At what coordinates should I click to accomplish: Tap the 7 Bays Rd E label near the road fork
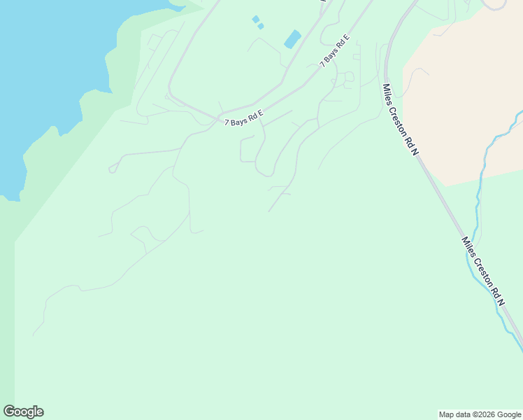[243, 118]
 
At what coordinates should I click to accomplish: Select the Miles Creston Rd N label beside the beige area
[400, 120]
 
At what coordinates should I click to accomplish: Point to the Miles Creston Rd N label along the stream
[482, 270]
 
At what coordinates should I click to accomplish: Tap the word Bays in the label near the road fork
[240, 120]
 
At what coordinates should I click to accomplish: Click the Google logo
[23, 412]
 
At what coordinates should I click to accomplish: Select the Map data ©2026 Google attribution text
[480, 414]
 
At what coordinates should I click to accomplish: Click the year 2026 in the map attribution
[485, 414]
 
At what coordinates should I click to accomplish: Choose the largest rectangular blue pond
[292, 39]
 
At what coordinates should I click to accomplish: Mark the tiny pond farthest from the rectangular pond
[255, 19]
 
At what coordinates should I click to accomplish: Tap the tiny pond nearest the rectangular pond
[261, 26]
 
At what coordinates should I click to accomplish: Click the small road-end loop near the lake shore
[112, 169]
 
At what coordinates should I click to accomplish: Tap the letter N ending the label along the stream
[501, 302]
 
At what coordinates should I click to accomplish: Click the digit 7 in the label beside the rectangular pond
[322, 64]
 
